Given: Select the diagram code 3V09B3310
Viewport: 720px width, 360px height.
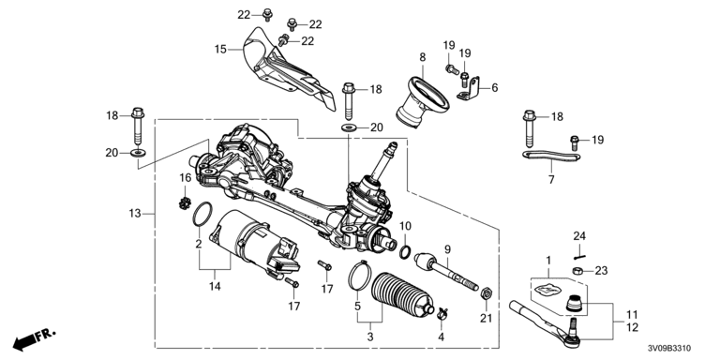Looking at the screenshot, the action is pyautogui.click(x=669, y=349).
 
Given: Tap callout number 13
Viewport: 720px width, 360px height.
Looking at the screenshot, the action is pyautogui.click(x=135, y=214).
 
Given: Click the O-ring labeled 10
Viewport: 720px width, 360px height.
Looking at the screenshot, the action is pyautogui.click(x=405, y=251).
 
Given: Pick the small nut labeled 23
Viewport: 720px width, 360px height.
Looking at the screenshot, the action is pyautogui.click(x=578, y=270).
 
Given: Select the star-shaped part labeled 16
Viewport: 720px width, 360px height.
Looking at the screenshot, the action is pyautogui.click(x=185, y=202).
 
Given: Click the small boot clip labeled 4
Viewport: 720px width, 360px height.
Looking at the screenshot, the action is pyautogui.click(x=442, y=314).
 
